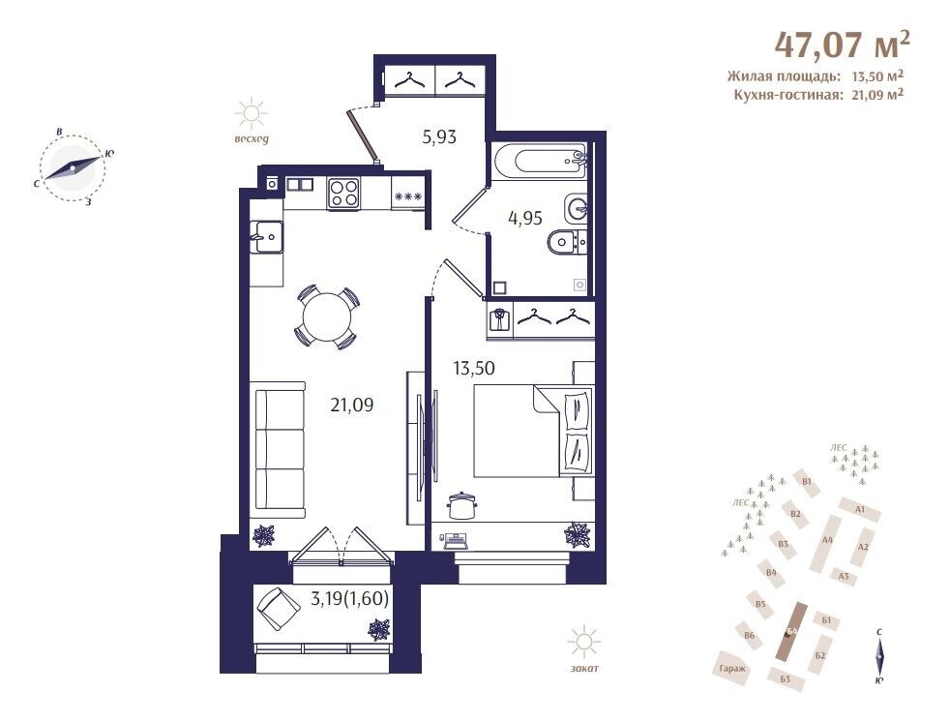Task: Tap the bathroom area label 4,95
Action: (525, 218)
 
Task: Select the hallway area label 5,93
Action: (439, 137)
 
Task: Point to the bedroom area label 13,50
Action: (474, 368)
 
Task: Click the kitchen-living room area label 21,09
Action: (352, 405)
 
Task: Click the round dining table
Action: (327, 317)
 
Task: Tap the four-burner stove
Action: (343, 194)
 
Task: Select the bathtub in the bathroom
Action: (539, 160)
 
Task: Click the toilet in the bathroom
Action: (566, 243)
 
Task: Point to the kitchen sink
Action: (267, 237)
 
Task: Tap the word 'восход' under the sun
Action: (251, 138)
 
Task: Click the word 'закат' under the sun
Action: (584, 668)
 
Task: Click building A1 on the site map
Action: (859, 510)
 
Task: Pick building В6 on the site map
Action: (750, 635)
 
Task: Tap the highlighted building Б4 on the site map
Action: (791, 631)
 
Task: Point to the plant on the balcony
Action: (380, 629)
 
